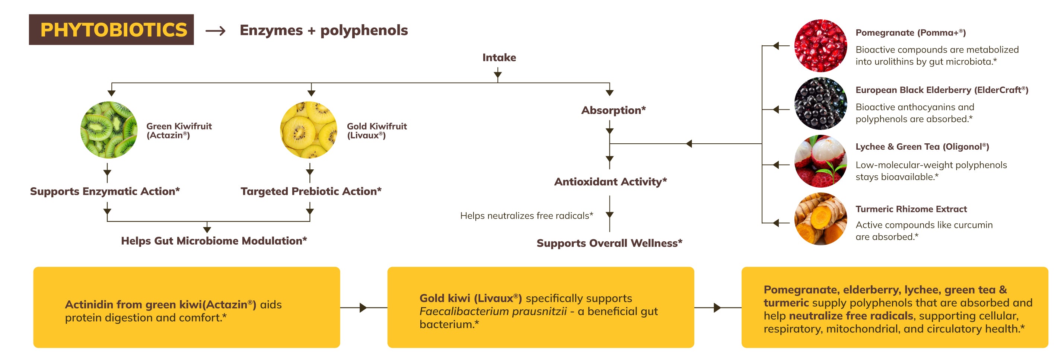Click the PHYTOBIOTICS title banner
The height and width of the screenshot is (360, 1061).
pos(111,30)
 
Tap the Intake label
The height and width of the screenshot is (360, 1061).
pos(499,57)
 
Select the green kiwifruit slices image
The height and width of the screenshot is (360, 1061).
pos(109,130)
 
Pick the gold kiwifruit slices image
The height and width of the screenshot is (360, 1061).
pos(309,130)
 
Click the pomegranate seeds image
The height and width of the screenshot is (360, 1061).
pos(820,45)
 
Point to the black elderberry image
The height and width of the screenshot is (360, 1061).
pos(820,103)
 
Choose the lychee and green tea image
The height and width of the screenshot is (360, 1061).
pos(820,161)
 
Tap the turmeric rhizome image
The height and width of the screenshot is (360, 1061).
pos(820,219)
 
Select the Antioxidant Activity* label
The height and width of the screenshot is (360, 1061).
pos(610,181)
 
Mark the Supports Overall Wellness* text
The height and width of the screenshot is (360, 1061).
pos(609,243)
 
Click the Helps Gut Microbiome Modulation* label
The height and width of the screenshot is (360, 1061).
pos(214,240)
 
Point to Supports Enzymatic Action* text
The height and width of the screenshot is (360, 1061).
pos(105,191)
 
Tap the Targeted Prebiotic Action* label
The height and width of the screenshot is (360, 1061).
pos(310,191)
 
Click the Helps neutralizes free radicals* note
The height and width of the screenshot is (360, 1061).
pos(526,216)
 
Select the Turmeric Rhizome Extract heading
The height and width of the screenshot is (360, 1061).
pos(911,209)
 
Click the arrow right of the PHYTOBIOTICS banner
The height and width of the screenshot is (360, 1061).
pos(216,31)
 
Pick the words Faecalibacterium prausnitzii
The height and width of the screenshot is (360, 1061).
pos(493,311)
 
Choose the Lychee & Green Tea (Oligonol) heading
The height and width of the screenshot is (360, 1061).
pos(922,147)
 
